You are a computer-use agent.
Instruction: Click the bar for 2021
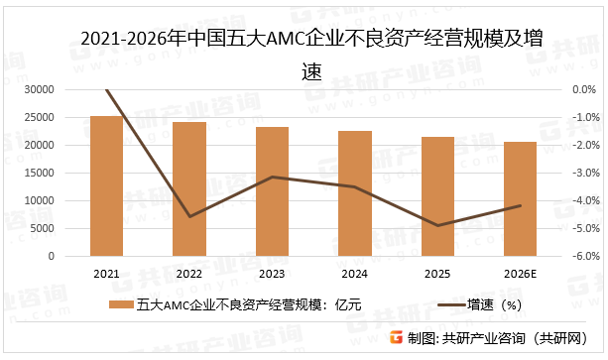[106, 186]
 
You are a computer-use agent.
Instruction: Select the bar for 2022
[188, 189]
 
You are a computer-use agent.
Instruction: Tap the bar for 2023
[272, 191]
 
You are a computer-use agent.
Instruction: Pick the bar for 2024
[354, 193]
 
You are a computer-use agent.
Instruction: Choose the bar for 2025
[437, 196]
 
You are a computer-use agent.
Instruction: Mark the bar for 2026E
[520, 199]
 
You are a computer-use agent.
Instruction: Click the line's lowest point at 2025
[437, 225]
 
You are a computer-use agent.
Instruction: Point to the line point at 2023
[272, 177]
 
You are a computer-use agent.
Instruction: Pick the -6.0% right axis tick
[582, 256]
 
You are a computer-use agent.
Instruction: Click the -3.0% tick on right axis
[582, 174]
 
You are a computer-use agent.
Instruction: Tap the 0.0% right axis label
[582, 90]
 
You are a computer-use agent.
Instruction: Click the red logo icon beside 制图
[395, 338]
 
